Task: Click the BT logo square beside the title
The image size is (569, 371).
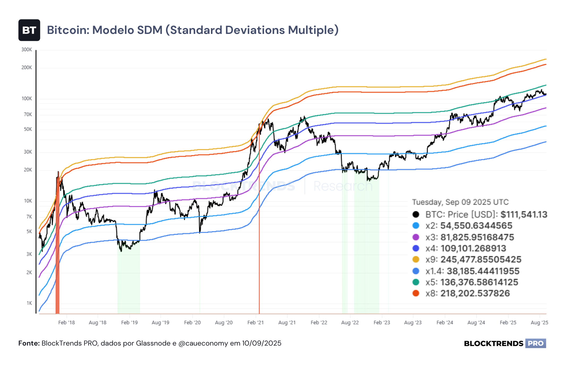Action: [29, 30]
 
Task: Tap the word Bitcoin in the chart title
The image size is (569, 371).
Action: [68, 30]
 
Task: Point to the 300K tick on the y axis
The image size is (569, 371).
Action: [27, 50]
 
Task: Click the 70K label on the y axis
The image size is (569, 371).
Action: [28, 114]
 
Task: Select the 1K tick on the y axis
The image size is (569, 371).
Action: [29, 303]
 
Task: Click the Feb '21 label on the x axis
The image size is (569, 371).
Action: [256, 323]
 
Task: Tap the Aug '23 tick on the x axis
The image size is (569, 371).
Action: [413, 323]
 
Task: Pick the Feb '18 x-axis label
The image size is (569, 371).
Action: [66, 323]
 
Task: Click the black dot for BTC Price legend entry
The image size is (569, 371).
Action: [416, 214]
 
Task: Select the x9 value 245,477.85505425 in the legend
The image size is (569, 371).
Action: [481, 259]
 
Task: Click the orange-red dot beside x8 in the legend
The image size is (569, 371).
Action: [416, 293]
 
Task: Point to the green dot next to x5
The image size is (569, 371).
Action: [416, 282]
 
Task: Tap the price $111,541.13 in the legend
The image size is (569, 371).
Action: [524, 214]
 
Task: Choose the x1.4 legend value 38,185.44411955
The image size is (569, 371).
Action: [483, 271]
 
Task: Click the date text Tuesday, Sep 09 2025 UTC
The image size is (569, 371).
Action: [460, 202]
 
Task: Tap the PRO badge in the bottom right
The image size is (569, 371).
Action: [536, 343]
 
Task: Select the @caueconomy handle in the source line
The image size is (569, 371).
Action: [203, 343]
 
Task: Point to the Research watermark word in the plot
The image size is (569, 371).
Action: [343, 186]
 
